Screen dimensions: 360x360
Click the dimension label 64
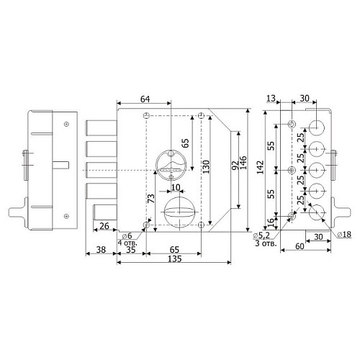[x=145, y=99]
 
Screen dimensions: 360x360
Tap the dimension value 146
[x=243, y=163]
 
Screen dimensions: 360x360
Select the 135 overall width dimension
[x=175, y=259]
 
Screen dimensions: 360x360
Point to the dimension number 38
[x=101, y=250]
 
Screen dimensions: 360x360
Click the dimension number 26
[x=104, y=226]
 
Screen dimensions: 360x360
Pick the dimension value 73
[x=151, y=199]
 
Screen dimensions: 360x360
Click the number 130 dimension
[x=206, y=166]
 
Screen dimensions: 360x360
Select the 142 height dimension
[x=260, y=167]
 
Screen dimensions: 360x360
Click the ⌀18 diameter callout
[x=344, y=235]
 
